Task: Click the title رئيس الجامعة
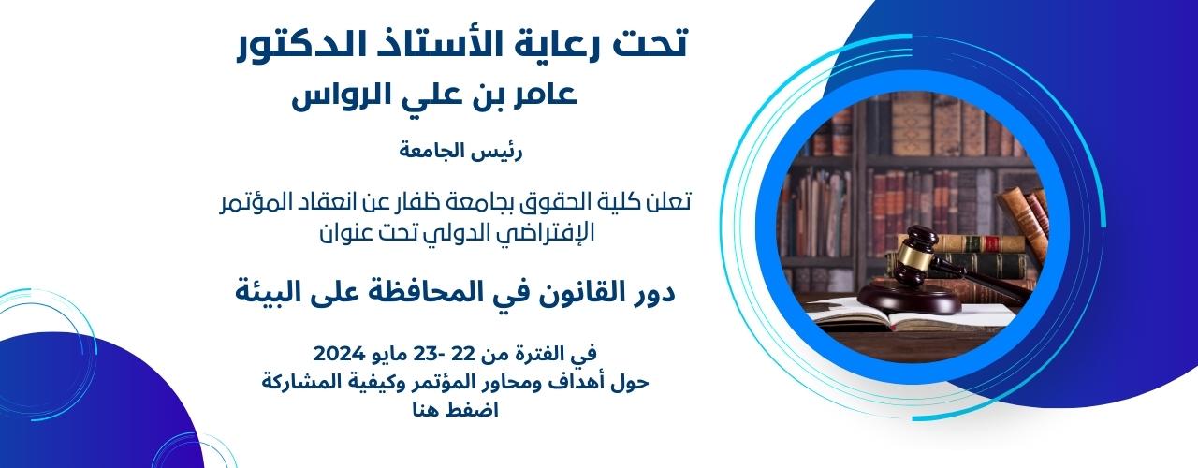[x=460, y=152]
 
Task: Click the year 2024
[x=339, y=354]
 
